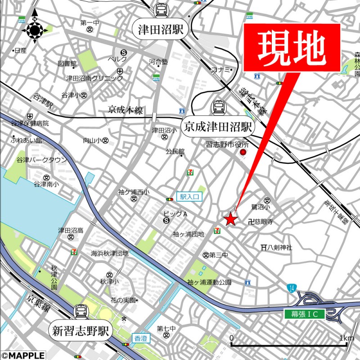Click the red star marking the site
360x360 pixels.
tap(230, 219)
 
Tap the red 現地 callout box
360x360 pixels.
tap(292, 47)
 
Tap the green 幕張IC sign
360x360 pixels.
tap(304, 315)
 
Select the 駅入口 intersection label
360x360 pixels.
tap(189, 196)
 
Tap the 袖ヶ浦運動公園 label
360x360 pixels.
tap(209, 282)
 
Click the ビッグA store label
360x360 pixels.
tap(175, 214)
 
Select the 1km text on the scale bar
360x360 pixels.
tap(346, 338)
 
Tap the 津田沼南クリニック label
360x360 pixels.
tap(94, 78)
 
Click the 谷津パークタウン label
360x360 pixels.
tap(41, 160)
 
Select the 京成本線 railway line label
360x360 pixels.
tap(125, 109)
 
